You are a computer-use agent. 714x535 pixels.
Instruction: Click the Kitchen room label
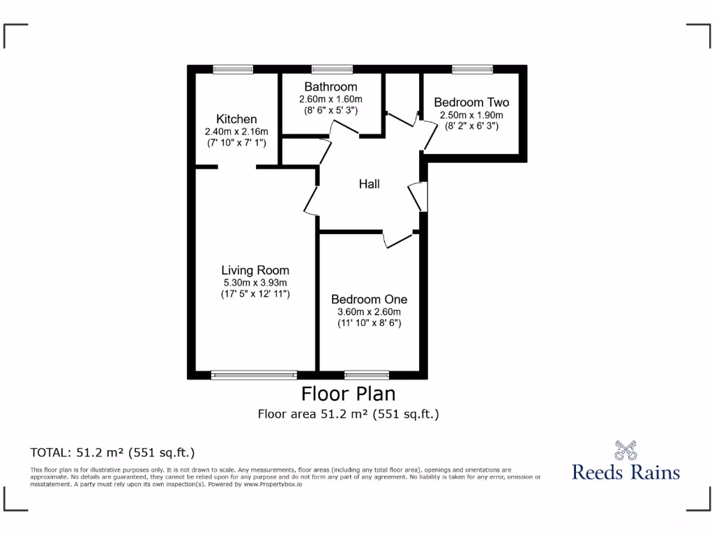click(x=236, y=119)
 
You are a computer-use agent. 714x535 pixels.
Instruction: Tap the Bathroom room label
click(x=331, y=87)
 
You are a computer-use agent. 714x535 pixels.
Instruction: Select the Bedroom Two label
click(x=471, y=102)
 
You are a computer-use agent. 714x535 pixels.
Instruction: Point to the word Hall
click(x=370, y=185)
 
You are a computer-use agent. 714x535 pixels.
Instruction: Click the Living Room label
click(x=255, y=270)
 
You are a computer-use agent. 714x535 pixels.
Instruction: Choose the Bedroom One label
click(x=369, y=299)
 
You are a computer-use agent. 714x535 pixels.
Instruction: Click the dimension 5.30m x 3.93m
click(x=255, y=283)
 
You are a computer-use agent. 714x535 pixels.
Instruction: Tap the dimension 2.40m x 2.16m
click(x=236, y=132)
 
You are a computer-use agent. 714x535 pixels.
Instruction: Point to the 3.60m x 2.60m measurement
click(x=369, y=311)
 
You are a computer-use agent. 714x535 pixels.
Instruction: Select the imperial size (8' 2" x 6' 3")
click(x=471, y=126)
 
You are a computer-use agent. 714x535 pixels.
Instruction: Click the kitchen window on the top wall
click(x=233, y=68)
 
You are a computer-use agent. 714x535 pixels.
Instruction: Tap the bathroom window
click(x=331, y=68)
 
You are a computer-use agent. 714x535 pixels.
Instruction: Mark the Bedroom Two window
click(x=472, y=68)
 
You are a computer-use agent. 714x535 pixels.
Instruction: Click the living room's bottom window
click(x=254, y=375)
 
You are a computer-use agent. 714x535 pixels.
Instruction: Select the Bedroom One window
click(x=367, y=375)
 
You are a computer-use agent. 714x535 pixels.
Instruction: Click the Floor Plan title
click(x=348, y=394)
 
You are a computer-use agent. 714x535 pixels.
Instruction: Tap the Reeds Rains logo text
click(x=625, y=472)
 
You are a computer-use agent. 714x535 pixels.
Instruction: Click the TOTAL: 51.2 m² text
click(x=112, y=452)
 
